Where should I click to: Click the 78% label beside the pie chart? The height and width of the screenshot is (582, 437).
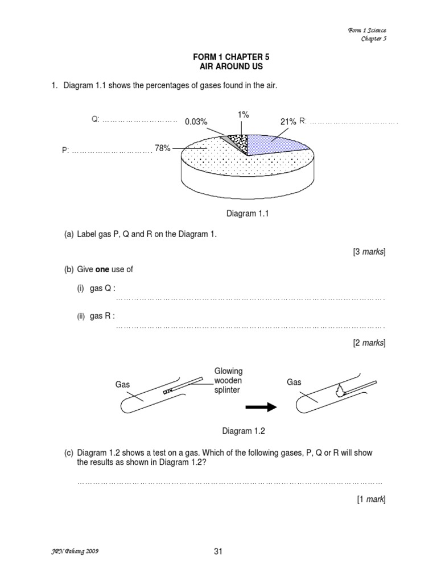[x=163, y=148]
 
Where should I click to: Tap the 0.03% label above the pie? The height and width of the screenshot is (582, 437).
[x=196, y=122]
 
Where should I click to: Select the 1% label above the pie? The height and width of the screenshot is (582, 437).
[x=244, y=114]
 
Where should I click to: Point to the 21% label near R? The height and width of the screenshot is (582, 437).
[x=288, y=122]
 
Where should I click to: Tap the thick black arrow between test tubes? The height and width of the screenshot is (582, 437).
[x=261, y=407]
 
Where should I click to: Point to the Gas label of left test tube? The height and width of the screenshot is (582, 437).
[x=123, y=384]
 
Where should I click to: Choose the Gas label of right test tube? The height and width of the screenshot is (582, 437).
[x=294, y=382]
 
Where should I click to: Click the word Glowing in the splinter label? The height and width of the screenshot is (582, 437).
[x=228, y=371]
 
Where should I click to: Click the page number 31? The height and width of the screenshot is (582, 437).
[x=218, y=551]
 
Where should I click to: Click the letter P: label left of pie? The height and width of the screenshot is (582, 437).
[x=65, y=151]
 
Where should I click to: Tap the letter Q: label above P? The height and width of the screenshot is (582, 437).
[x=95, y=119]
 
